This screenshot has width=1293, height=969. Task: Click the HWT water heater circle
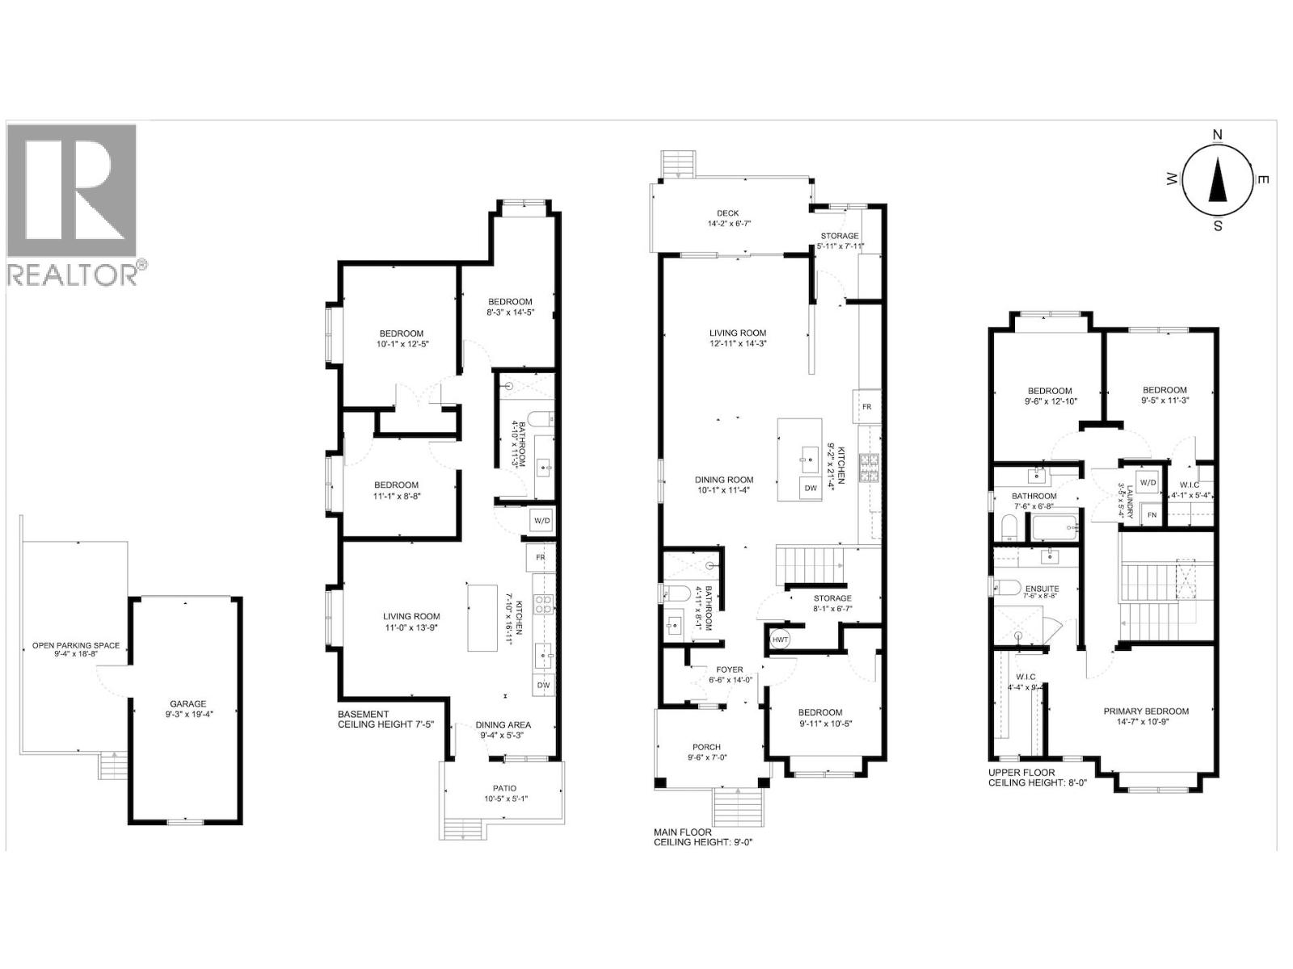[780, 640]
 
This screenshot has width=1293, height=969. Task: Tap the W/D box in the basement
[541, 521]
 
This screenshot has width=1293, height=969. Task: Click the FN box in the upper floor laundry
[1151, 514]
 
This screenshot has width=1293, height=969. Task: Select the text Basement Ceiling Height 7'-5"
[386, 719]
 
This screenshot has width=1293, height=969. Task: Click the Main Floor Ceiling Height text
[705, 837]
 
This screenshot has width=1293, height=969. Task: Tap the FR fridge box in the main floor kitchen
[867, 406]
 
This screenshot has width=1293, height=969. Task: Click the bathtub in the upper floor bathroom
[1054, 529]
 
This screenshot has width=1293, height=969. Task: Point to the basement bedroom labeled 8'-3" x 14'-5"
[509, 307]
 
